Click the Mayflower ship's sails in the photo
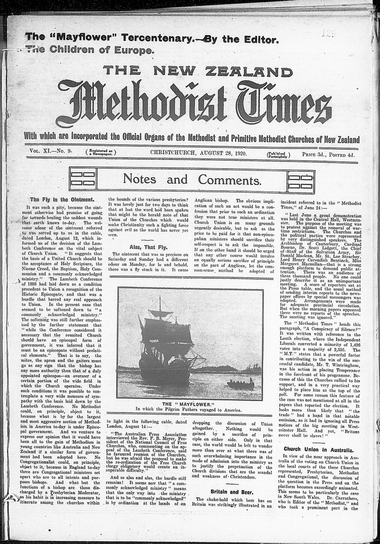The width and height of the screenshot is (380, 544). [x=160, y=331]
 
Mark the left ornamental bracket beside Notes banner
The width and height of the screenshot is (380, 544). [x=82, y=179]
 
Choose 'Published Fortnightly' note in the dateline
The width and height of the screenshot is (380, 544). [x=279, y=155]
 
